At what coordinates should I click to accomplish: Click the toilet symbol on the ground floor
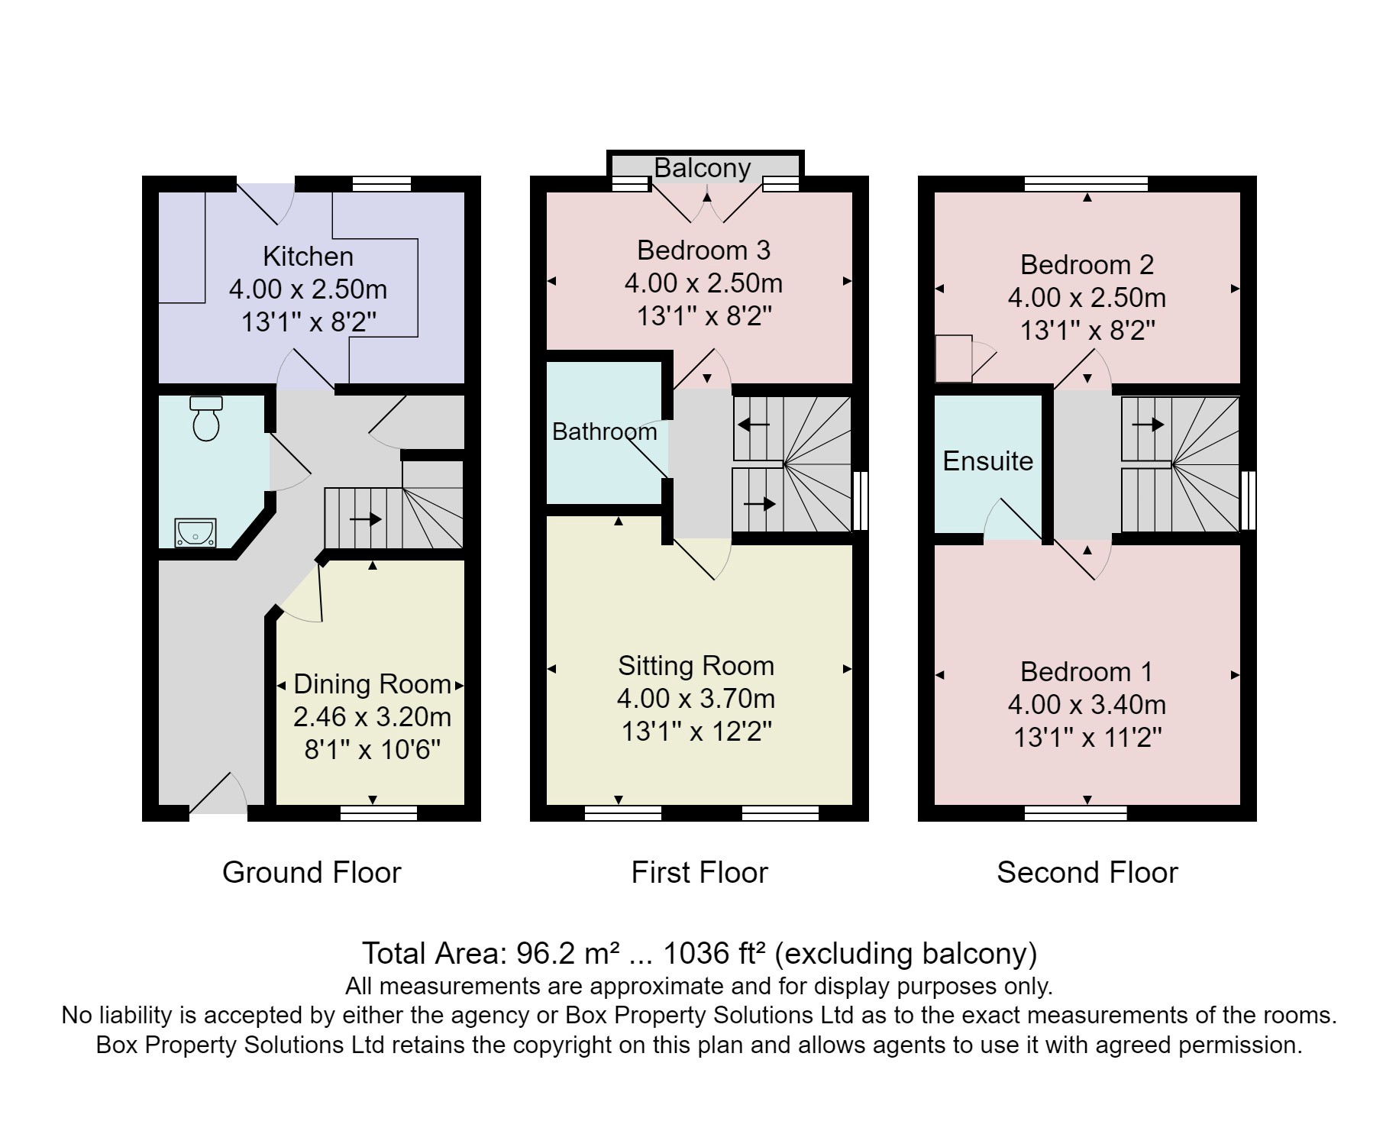click(206, 419)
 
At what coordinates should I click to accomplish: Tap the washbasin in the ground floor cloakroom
click(195, 532)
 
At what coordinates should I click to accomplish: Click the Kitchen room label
click(308, 257)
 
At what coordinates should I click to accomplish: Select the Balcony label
click(703, 168)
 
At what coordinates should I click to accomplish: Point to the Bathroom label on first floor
click(604, 432)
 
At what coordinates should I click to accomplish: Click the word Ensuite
click(987, 461)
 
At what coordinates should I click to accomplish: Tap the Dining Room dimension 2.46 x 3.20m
click(372, 717)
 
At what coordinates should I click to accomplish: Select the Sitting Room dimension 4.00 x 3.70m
click(696, 699)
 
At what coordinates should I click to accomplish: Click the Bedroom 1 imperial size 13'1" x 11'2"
click(1087, 738)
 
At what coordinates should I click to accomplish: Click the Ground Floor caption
click(311, 872)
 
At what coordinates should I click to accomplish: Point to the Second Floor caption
click(1087, 872)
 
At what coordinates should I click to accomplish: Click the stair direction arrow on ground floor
click(365, 520)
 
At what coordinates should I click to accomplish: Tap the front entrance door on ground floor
click(218, 798)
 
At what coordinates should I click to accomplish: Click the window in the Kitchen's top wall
click(381, 184)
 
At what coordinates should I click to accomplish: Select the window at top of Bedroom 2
click(1086, 184)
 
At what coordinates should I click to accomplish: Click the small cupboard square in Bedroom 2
click(953, 358)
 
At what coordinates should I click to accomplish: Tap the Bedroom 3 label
click(703, 250)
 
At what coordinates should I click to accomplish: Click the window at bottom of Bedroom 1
click(1074, 813)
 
